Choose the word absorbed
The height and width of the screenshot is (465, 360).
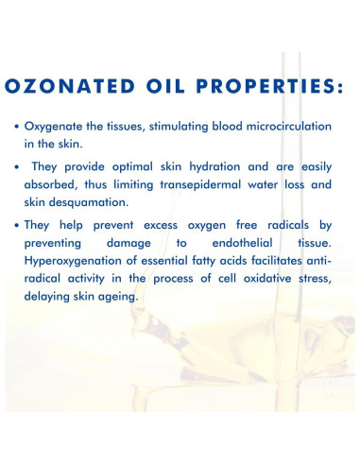(x=61, y=185)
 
